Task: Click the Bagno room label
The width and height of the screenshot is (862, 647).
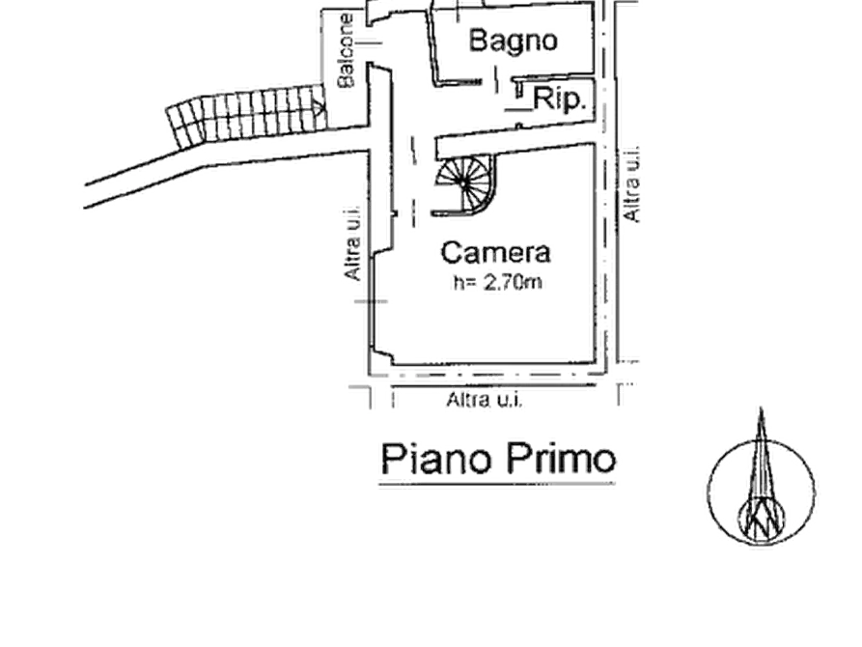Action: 513,42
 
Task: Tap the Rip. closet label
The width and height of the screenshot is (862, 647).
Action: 558,99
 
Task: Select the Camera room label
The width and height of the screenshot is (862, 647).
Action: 495,253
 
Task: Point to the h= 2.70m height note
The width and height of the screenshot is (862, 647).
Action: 497,282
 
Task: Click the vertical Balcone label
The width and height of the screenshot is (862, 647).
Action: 346,50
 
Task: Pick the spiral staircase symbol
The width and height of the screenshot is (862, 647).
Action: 465,184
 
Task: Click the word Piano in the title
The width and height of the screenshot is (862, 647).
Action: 435,460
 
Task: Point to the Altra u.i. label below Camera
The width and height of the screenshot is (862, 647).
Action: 484,400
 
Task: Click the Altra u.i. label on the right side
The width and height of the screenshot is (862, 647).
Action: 632,184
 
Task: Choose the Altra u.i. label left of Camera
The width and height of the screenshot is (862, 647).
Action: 351,243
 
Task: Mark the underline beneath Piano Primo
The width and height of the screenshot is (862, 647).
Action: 497,485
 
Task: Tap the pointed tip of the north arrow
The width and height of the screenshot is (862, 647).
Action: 761,408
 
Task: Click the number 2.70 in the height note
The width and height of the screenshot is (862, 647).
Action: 503,282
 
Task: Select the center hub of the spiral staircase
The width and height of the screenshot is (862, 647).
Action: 464,183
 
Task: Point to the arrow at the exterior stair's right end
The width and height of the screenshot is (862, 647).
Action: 319,104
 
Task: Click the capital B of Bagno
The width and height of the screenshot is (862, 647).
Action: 478,41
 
